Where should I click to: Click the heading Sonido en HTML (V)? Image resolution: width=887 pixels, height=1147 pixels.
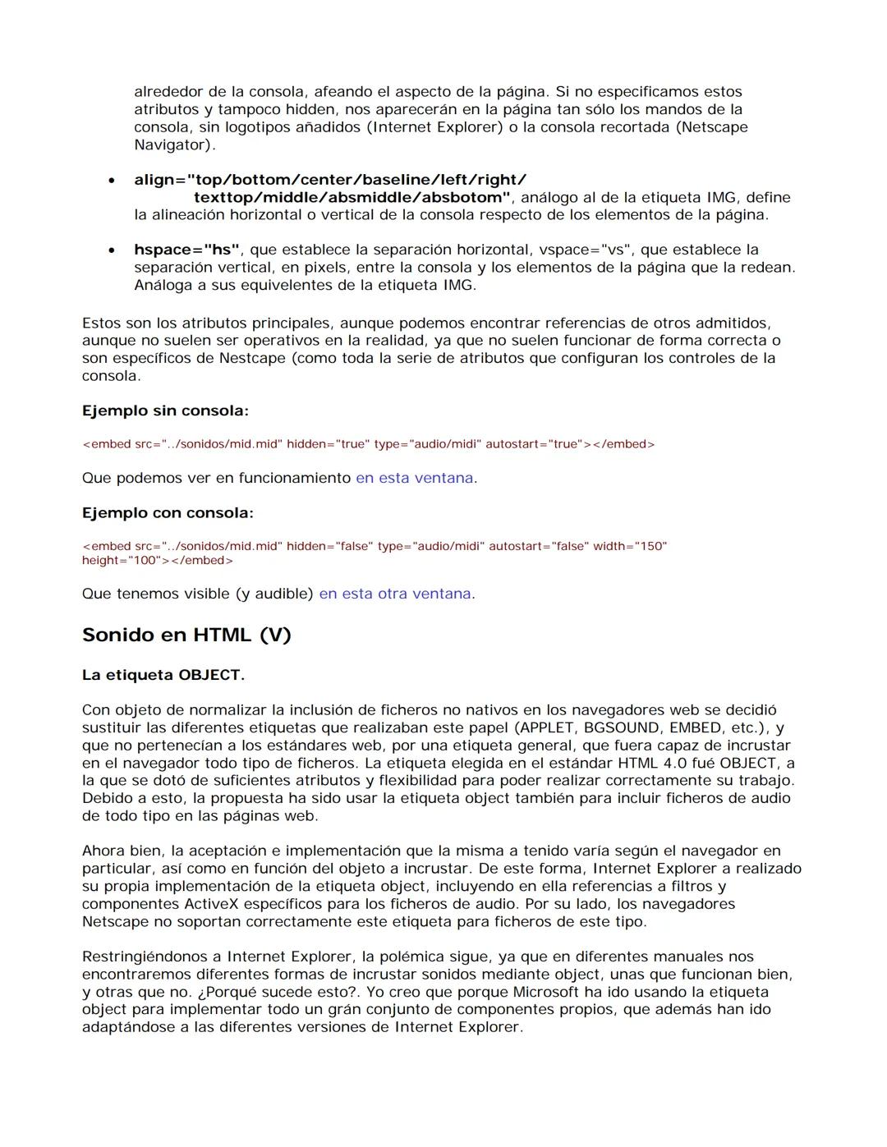186,635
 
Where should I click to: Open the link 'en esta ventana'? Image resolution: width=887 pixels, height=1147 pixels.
414,478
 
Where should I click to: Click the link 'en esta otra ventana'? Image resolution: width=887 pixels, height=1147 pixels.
395,594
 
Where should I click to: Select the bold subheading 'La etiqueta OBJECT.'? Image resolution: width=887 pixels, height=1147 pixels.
163,675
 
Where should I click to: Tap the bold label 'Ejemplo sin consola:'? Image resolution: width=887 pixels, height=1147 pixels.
165,411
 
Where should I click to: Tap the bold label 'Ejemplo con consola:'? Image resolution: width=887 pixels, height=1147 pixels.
168,513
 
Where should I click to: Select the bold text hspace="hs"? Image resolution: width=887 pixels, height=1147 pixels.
186,250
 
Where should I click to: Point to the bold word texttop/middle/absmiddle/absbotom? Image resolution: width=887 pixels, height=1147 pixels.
352,198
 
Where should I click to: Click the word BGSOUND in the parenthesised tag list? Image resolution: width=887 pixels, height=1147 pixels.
621,728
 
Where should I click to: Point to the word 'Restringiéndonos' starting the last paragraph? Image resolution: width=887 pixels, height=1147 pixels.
152,957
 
